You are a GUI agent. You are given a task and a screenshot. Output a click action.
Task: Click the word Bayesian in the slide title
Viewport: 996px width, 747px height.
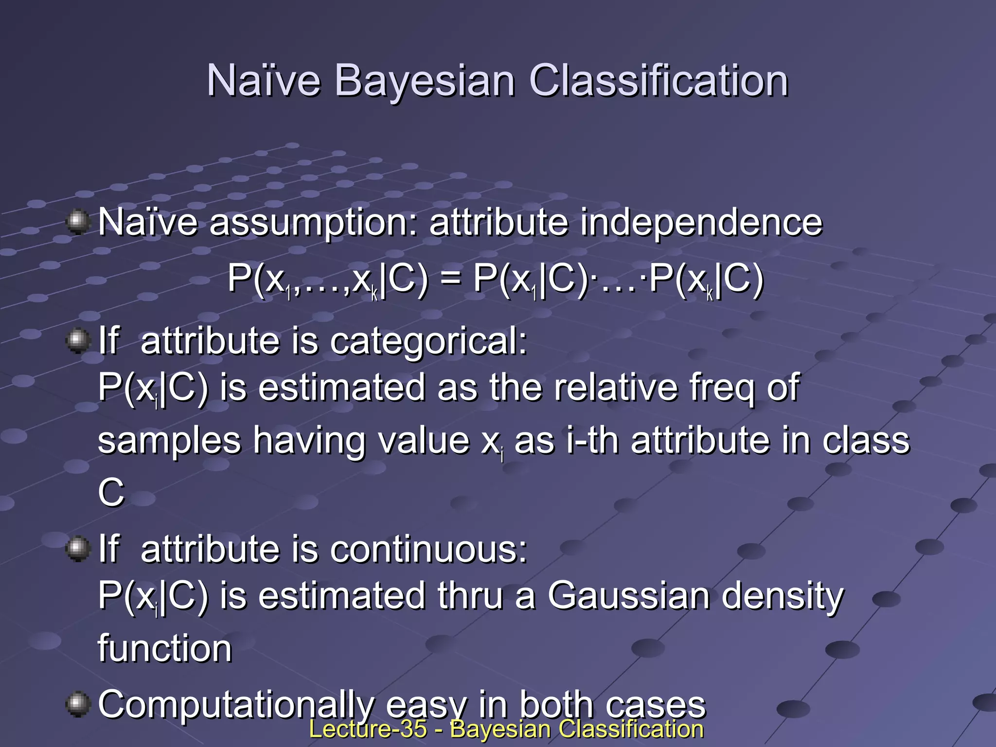click(424, 81)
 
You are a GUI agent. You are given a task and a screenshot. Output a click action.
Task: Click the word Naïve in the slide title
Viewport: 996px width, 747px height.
click(263, 81)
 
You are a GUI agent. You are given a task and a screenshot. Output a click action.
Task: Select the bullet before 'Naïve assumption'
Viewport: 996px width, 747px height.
click(78, 222)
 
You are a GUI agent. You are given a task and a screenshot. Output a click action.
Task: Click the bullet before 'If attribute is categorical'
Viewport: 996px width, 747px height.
click(78, 340)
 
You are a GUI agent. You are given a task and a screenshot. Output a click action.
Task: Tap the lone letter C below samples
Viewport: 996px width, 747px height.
click(111, 492)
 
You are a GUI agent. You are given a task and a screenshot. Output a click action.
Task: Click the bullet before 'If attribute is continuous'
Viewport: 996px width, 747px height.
click(78, 549)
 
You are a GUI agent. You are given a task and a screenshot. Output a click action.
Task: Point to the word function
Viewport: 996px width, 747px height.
click(165, 649)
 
